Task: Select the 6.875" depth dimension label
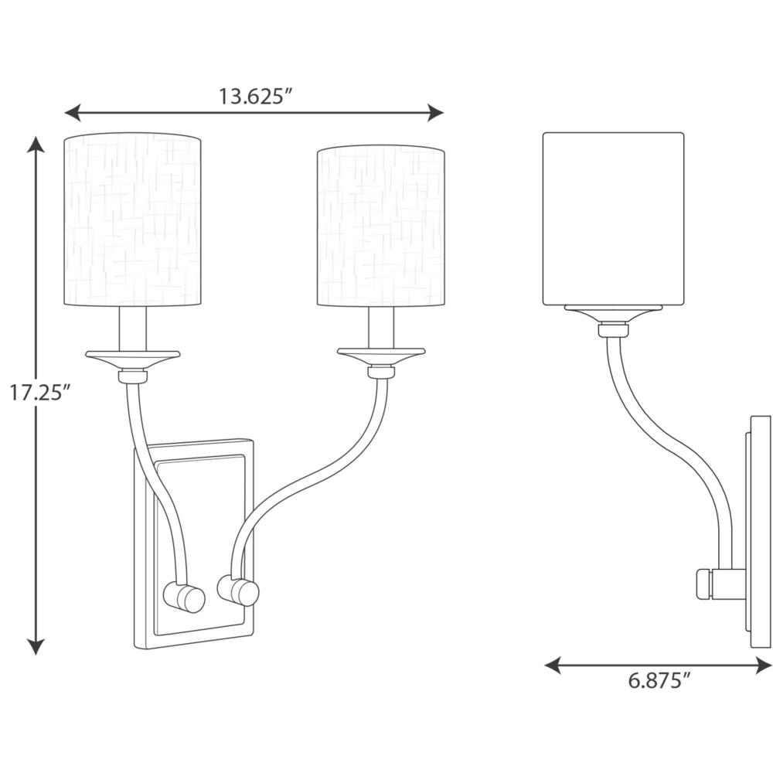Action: (658, 681)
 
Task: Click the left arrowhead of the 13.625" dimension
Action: (73, 113)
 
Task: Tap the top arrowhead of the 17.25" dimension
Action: (36, 144)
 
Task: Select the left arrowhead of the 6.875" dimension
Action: (553, 665)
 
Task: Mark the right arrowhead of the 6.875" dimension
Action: (764, 665)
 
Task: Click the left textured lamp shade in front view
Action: (133, 220)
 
